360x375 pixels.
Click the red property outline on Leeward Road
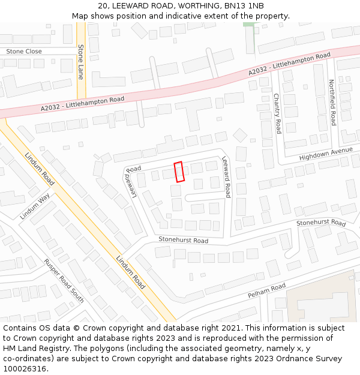click(179, 172)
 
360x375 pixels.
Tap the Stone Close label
click(24, 52)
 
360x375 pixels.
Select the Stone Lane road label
click(81, 62)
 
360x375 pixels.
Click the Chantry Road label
click(277, 113)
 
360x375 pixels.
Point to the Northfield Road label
click(332, 103)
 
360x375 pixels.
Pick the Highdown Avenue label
click(326, 154)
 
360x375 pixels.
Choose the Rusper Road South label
click(64, 280)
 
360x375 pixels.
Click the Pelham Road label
click(266, 292)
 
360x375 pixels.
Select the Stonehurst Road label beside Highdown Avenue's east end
click(321, 223)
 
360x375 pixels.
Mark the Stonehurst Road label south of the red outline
click(183, 241)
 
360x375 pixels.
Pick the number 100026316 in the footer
click(25, 368)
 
